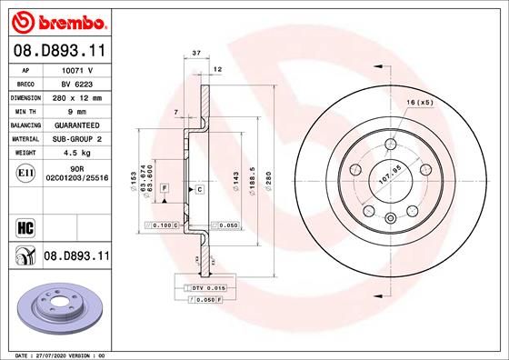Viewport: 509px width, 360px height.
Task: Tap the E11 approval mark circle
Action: [x=25, y=173]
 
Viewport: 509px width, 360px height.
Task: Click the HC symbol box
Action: [x=25, y=224]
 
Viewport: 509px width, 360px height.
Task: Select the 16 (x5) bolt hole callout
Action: [x=419, y=102]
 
